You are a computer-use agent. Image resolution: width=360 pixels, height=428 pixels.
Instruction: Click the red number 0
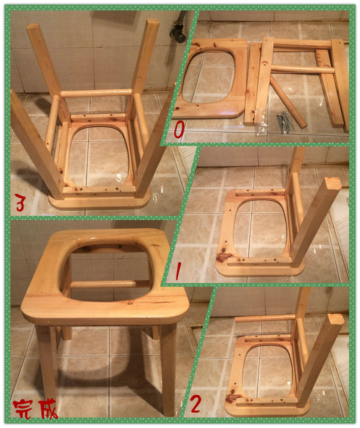(179, 129)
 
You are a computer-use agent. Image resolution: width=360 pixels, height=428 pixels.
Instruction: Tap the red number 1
(178, 271)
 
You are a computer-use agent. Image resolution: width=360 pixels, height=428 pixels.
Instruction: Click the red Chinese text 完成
(36, 409)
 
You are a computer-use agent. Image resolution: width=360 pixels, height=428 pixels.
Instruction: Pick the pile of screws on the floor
(285, 122)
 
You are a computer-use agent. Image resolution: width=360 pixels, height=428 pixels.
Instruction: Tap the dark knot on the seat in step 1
(224, 257)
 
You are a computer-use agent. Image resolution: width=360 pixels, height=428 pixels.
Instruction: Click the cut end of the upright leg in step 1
(333, 184)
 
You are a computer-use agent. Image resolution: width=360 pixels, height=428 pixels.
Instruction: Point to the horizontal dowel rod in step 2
(265, 318)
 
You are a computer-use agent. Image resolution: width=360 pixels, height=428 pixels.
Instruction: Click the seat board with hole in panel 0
(211, 78)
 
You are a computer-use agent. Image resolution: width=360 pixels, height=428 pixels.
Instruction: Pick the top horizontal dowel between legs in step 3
(96, 93)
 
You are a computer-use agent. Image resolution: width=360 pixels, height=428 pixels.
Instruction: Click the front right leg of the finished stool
(168, 368)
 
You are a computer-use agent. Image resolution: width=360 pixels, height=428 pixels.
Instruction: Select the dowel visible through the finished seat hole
(109, 284)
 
